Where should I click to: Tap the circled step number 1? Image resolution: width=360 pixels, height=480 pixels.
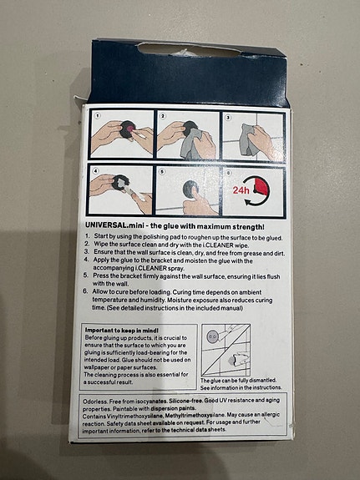[97, 116]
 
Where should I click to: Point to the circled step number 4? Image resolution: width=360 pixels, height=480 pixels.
[97, 170]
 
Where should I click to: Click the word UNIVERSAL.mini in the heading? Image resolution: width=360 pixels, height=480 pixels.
[114, 225]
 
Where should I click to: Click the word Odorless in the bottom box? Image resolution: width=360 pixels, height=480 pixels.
[100, 402]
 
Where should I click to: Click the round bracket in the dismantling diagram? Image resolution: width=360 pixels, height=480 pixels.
[212, 337]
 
